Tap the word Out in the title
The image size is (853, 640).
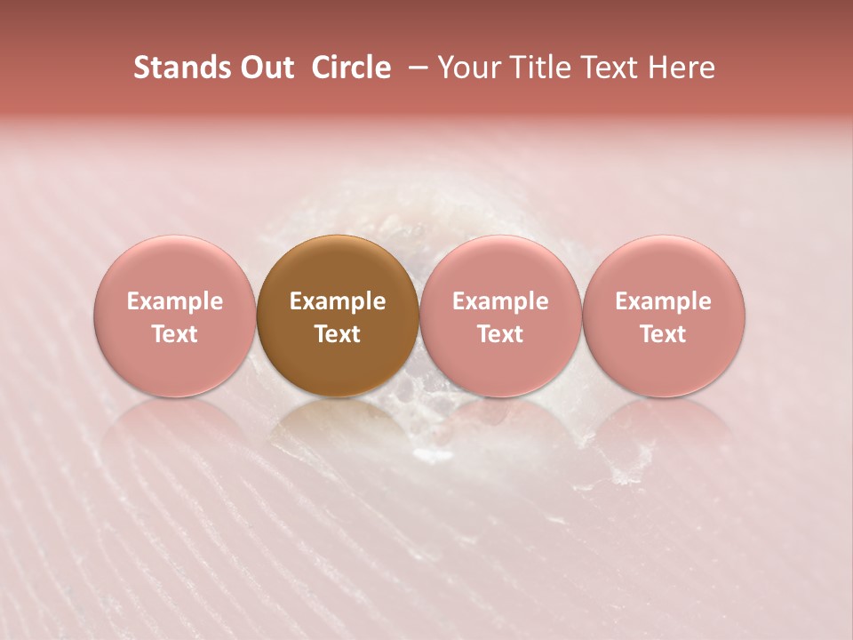click(266, 68)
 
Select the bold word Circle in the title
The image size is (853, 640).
click(351, 68)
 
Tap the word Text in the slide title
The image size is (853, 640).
click(609, 68)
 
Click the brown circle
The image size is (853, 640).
click(338, 316)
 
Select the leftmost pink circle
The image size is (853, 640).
click(175, 316)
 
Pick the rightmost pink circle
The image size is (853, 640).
click(663, 316)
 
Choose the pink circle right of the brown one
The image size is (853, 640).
click(500, 316)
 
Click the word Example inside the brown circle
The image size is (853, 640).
click(338, 301)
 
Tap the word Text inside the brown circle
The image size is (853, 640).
click(338, 334)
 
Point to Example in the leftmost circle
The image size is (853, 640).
click(175, 301)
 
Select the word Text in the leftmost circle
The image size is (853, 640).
click(175, 334)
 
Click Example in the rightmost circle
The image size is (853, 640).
click(663, 301)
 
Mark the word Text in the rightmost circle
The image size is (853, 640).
click(663, 334)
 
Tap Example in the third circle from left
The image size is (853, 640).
click(500, 301)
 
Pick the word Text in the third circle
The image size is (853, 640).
click(500, 334)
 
